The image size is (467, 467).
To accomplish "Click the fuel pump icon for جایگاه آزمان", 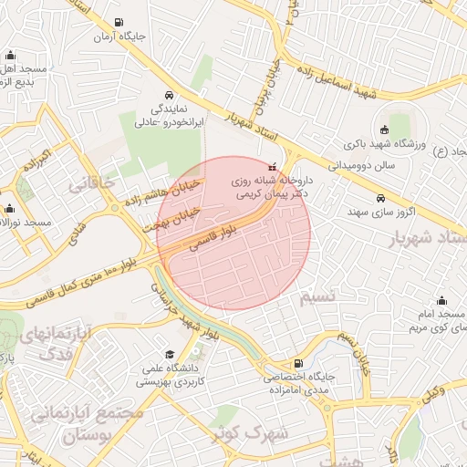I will coord(119,23).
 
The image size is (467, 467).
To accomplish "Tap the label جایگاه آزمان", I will coord(119,38).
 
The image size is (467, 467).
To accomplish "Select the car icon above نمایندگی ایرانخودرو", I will coord(169,94).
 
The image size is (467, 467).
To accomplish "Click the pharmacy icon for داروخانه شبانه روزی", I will coord(271,168).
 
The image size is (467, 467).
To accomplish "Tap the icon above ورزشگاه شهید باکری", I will coord(384,129).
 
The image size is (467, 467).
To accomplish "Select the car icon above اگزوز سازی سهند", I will coord(380,198).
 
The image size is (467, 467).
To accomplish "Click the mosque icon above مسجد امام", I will coord(442,300).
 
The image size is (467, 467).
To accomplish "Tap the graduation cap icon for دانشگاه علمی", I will coord(169,354).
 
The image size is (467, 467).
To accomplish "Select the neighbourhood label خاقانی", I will coord(92,182).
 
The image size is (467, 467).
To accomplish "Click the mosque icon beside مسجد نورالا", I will coord(10,208).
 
